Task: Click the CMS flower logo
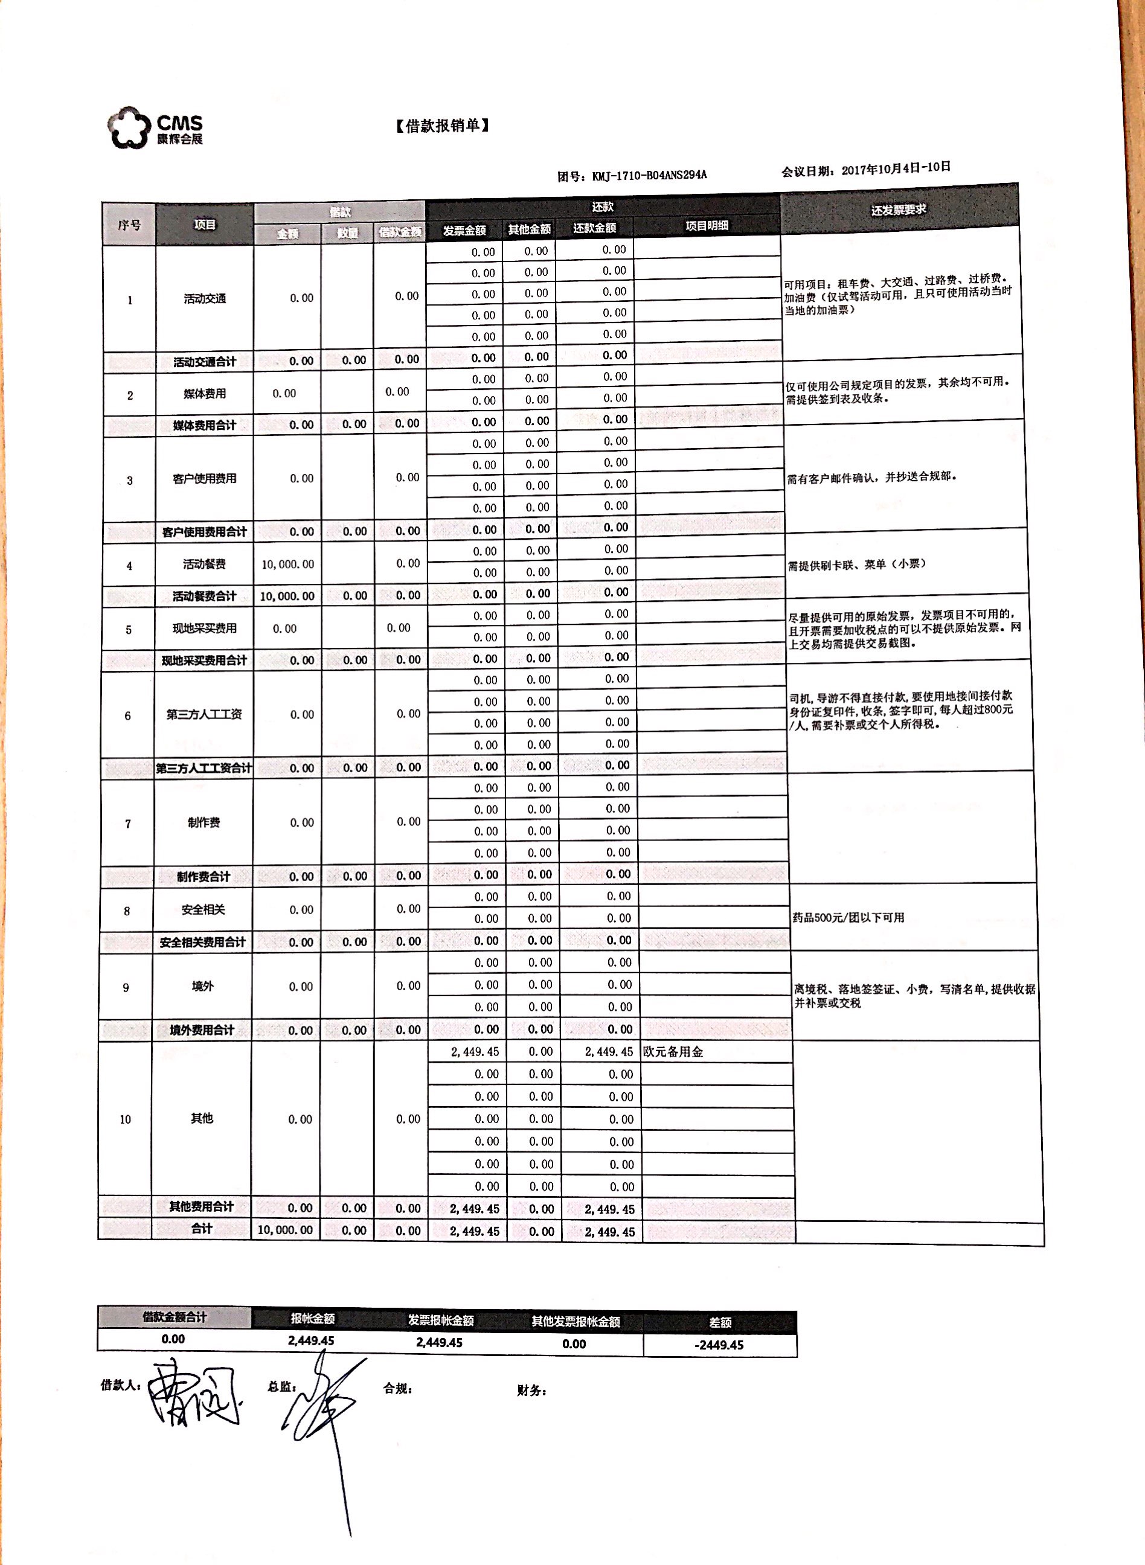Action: [x=129, y=127]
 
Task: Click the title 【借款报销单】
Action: [x=442, y=126]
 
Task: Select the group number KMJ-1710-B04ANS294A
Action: [x=649, y=175]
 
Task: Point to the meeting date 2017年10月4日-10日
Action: [x=895, y=169]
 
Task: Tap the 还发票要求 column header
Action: [x=898, y=210]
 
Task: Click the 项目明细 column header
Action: [x=707, y=226]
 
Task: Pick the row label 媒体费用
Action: [x=205, y=394]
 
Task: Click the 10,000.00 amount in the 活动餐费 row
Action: [x=287, y=565]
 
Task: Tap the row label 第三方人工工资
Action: [x=204, y=714]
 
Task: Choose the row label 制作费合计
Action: [x=203, y=876]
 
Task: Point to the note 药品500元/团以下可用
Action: [x=848, y=917]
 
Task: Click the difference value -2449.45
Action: [x=719, y=1345]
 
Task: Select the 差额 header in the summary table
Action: [x=720, y=1322]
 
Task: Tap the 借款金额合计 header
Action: [x=174, y=1317]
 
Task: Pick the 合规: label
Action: [x=398, y=1388]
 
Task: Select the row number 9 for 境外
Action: [x=126, y=987]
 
